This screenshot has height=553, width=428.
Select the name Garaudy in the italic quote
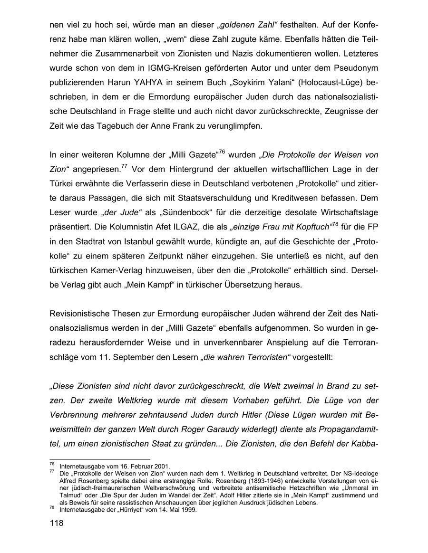(x=210, y=430)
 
